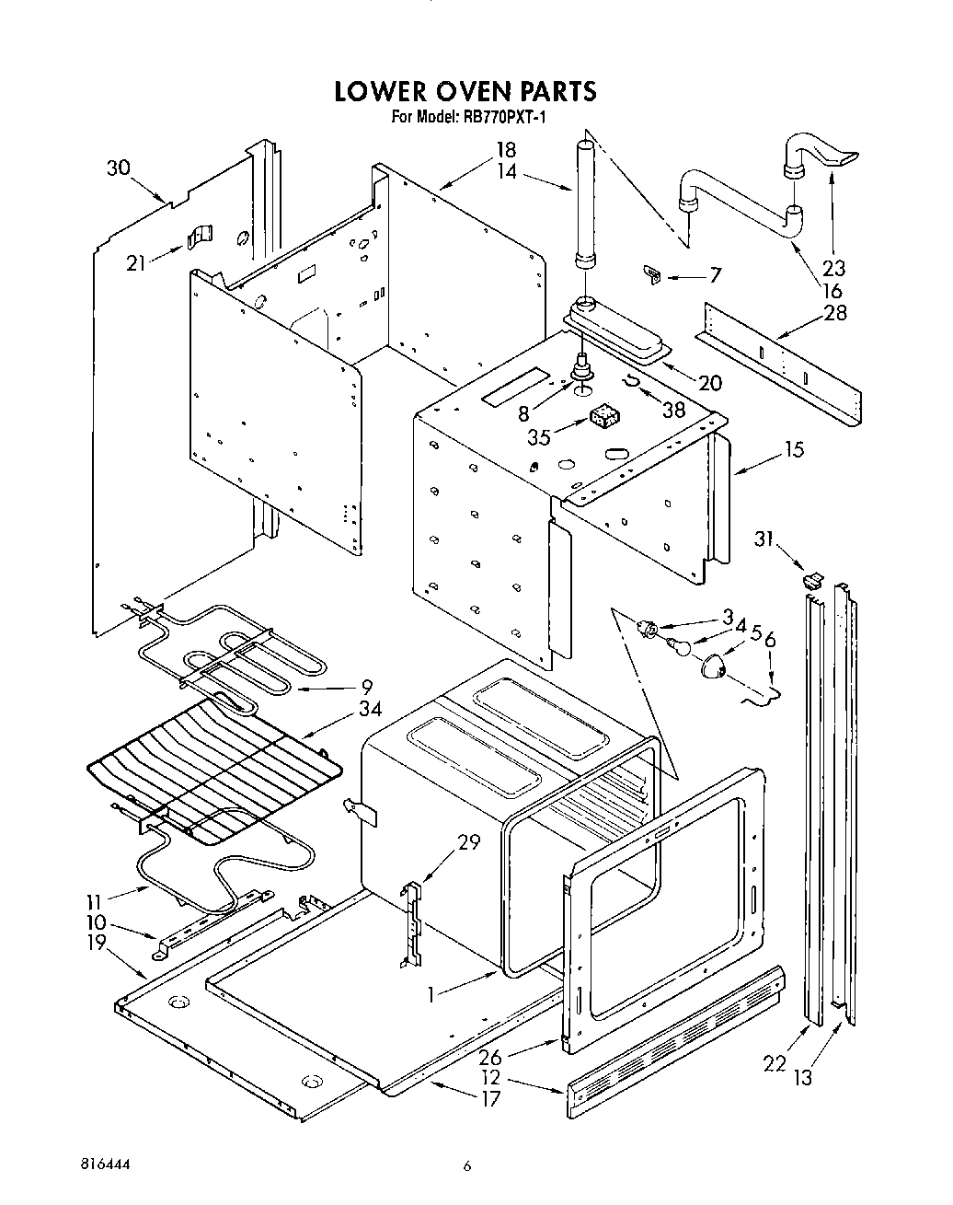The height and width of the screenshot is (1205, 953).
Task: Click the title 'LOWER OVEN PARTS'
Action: pyautogui.click(x=465, y=91)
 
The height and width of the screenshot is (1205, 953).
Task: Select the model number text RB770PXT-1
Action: pyautogui.click(x=499, y=117)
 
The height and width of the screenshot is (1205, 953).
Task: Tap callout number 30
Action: pyautogui.click(x=119, y=168)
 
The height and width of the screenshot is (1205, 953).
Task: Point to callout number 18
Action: pyautogui.click(x=506, y=150)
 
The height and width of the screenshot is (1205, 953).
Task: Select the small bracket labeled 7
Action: pyautogui.click(x=652, y=273)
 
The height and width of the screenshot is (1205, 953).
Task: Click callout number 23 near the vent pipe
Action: pyautogui.click(x=833, y=268)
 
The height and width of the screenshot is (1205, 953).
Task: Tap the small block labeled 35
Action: pyautogui.click(x=602, y=417)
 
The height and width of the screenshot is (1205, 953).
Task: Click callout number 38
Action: pyautogui.click(x=674, y=410)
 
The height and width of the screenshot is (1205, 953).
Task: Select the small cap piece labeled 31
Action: pyautogui.click(x=809, y=580)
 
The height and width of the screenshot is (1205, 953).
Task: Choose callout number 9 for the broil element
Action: pyautogui.click(x=366, y=686)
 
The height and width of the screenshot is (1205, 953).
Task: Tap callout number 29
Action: pyautogui.click(x=468, y=841)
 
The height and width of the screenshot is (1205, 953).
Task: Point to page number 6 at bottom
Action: pyautogui.click(x=467, y=1165)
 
